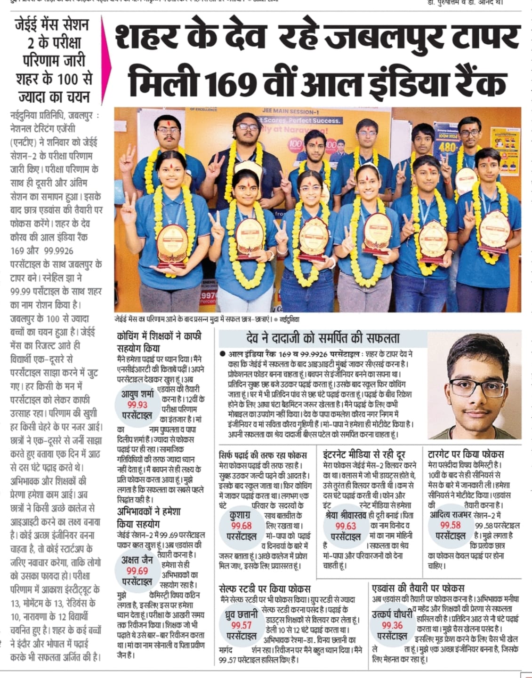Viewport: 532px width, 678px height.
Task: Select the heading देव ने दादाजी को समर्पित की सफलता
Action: pos(323,338)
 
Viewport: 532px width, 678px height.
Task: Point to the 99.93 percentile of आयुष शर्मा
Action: pos(137,405)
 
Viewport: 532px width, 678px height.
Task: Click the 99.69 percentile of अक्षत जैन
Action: pos(137,571)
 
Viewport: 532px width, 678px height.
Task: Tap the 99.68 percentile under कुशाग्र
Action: pos(241,526)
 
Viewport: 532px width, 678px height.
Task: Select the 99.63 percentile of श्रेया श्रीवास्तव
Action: pos(345,526)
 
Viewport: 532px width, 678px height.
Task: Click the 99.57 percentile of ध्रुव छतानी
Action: pos(241,625)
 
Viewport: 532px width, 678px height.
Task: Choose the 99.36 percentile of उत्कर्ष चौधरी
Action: pos(392,625)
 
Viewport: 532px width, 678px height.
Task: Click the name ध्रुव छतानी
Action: pos(241,614)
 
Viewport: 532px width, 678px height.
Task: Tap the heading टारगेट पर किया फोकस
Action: pos(466,454)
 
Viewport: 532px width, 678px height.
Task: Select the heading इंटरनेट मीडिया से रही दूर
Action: pos(364,454)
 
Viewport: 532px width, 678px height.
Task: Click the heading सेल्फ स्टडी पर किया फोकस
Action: pos(265,589)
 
